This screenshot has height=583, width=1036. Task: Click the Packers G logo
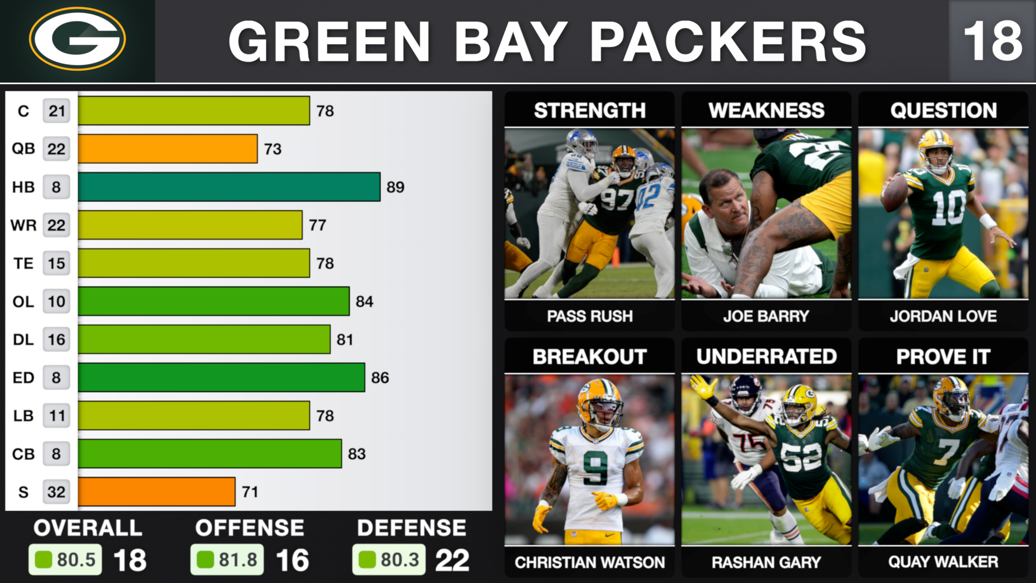pyautogui.click(x=77, y=39)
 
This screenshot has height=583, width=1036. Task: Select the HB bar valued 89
pyautogui.click(x=229, y=187)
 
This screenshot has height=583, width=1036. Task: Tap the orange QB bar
pyautogui.click(x=167, y=149)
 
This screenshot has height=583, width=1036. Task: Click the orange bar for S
pyautogui.click(x=156, y=492)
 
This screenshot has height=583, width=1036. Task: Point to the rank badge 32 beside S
pyautogui.click(x=56, y=492)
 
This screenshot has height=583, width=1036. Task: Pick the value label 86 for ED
pyautogui.click(x=380, y=378)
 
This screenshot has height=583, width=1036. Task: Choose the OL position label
pyautogui.click(x=23, y=302)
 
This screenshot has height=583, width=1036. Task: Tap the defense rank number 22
pyautogui.click(x=452, y=560)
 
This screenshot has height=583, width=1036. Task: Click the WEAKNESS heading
pyautogui.click(x=766, y=111)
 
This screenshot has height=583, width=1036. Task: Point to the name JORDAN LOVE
pyautogui.click(x=943, y=316)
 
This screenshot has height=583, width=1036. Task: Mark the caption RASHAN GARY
pyautogui.click(x=766, y=562)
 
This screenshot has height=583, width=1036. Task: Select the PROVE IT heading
pyautogui.click(x=943, y=357)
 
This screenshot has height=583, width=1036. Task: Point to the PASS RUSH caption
pyautogui.click(x=590, y=316)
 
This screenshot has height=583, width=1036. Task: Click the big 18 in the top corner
pyautogui.click(x=993, y=41)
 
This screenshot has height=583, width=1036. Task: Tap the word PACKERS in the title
pyautogui.click(x=728, y=41)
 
